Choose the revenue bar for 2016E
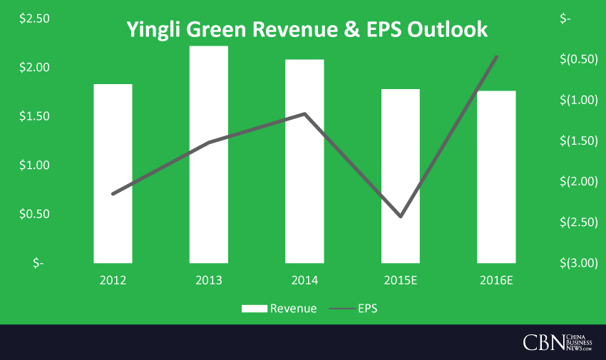click(x=496, y=178)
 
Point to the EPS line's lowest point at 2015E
click(x=401, y=216)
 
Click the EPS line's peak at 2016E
click(x=496, y=57)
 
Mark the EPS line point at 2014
click(x=304, y=114)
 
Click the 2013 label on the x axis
click(x=208, y=280)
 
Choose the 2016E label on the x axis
click(x=496, y=280)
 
